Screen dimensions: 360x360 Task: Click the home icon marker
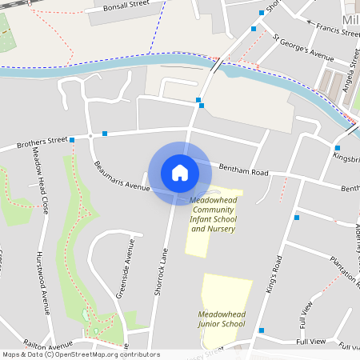pos(180,172)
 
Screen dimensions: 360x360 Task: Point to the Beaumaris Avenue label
pos(122,176)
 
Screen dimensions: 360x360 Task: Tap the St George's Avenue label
pos(302,47)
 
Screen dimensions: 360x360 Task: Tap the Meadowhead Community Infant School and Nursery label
pos(214,214)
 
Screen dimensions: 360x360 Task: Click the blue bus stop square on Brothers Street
pos(72,140)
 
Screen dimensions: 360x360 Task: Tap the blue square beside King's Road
pos(297,217)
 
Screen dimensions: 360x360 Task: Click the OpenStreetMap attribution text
pos(80,354)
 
